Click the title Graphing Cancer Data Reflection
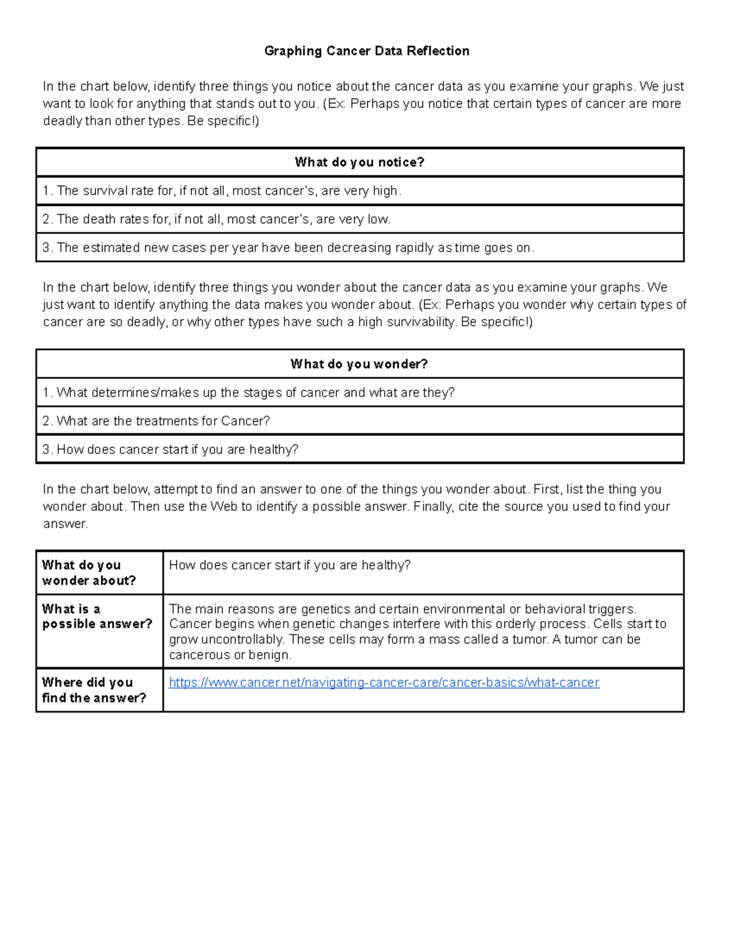366,51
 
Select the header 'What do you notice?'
359,162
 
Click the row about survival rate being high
222,191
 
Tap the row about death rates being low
216,219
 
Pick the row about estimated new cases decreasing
288,247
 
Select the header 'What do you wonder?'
359,364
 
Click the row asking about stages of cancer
248,392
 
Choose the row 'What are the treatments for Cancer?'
156,421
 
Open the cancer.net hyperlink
384,683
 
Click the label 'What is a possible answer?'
97,617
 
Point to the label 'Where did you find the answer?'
94,690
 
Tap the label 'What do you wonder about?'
89,573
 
